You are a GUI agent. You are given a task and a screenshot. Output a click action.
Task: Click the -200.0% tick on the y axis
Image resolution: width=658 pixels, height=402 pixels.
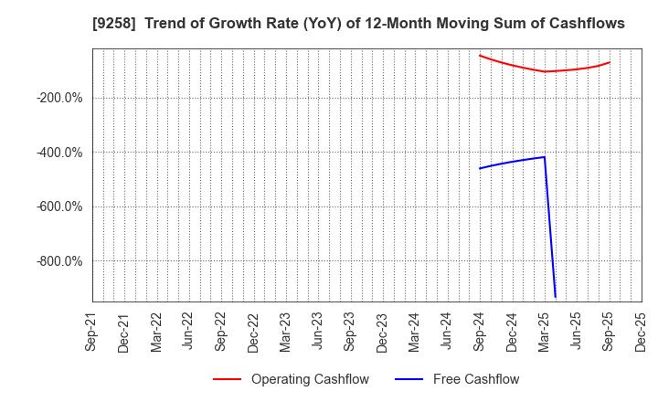tap(60, 98)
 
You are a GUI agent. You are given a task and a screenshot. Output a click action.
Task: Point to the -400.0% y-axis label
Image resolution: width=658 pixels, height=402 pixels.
tap(60, 153)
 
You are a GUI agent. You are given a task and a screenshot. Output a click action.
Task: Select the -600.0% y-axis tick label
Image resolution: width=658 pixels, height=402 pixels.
tap(60, 206)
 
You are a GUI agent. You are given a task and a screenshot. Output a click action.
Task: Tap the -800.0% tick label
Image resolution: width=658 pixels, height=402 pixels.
tap(60, 261)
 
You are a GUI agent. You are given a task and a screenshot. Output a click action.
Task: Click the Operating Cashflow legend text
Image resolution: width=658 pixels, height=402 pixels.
tap(310, 379)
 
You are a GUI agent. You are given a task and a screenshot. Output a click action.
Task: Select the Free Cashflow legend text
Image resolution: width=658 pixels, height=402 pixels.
tap(474, 379)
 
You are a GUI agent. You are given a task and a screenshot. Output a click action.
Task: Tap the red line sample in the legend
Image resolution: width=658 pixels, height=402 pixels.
tap(228, 379)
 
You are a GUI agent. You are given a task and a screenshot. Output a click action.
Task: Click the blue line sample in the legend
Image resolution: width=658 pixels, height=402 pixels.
tap(409, 379)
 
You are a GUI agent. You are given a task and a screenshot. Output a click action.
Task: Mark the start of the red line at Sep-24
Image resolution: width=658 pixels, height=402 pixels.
tap(480, 55)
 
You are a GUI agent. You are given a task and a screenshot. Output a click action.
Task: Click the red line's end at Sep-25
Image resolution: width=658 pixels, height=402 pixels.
tap(610, 62)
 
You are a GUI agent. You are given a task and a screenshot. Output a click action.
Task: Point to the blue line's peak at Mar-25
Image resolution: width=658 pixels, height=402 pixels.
tap(545, 157)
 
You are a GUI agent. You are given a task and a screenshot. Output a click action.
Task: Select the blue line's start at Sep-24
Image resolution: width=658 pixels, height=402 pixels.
tap(480, 168)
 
